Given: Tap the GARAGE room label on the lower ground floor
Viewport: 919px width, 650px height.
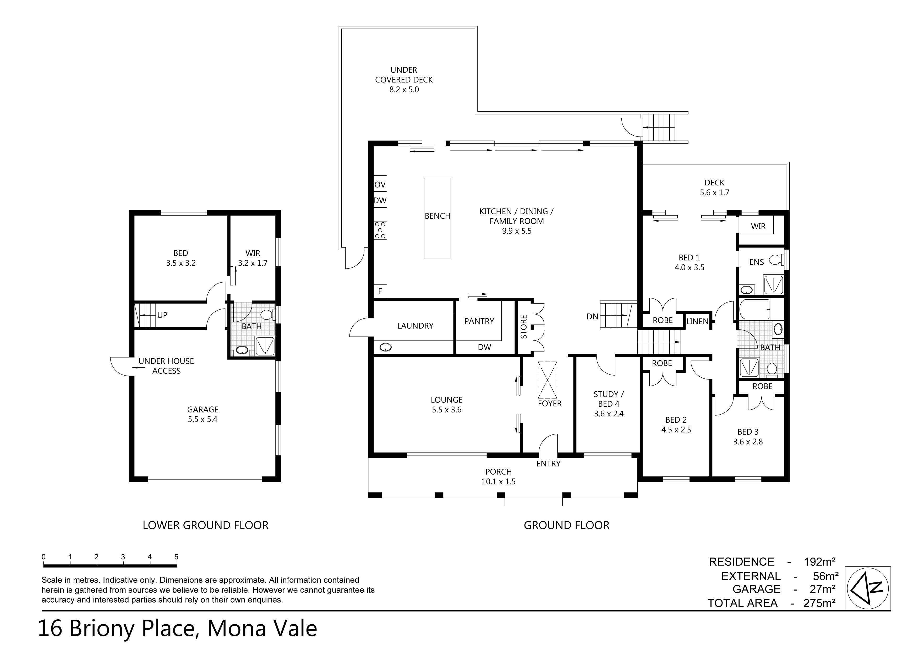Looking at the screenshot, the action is pos(203,409).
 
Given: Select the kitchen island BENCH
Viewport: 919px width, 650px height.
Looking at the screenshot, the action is pos(437,218).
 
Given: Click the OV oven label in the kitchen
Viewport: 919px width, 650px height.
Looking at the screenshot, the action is pos(380,185).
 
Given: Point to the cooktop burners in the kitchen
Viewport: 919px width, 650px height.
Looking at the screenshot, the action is pos(380,230).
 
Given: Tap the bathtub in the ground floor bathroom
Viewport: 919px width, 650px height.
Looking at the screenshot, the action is pos(754,309).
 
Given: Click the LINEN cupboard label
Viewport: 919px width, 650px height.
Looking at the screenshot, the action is pos(697,321).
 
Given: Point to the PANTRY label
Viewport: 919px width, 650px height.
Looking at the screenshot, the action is pos(479,321).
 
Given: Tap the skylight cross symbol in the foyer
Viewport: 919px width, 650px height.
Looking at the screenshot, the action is pos(548,380).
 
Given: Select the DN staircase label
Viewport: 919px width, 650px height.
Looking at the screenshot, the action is pos(592,317).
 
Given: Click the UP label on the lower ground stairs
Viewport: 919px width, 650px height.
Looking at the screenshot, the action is pos(162,315).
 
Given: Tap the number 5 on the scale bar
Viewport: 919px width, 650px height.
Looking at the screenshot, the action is pos(176,557).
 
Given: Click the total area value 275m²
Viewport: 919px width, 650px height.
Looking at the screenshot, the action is pos(819,603).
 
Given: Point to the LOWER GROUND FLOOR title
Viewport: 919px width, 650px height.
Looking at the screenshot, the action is pos(205,525).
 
